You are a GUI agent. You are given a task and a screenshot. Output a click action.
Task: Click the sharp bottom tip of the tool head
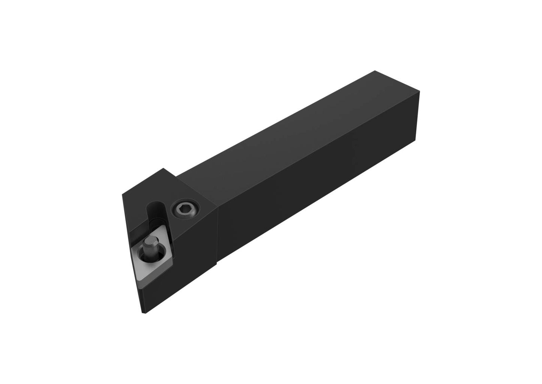[143, 313]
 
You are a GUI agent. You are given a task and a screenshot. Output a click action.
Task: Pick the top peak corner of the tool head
[164, 169]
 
